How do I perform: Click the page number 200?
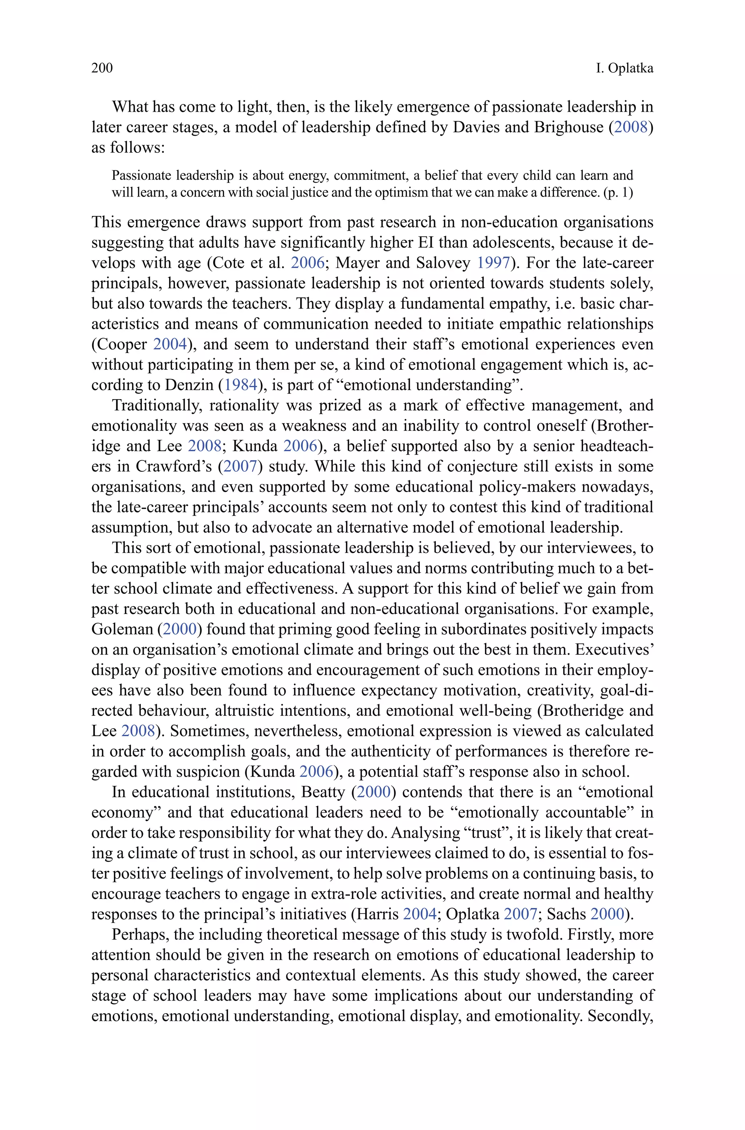coord(102,68)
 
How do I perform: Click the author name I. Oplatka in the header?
coord(624,68)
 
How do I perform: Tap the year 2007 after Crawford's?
coord(240,466)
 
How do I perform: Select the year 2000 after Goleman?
coord(180,629)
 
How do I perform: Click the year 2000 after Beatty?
coord(374,792)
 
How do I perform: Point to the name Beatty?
coord(323,792)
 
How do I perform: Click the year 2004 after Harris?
coord(419,914)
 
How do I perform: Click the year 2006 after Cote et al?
coord(308,263)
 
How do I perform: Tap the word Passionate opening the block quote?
coord(141,176)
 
